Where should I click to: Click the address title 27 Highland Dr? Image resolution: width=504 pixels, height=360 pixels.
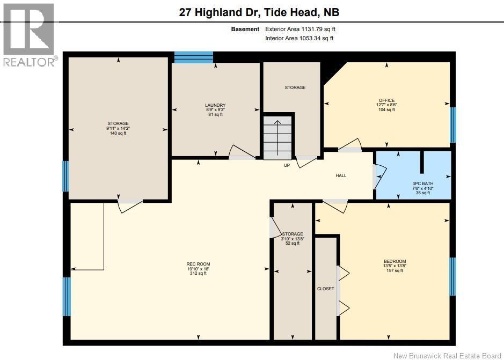(259, 12)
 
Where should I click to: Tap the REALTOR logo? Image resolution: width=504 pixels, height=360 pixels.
(28, 35)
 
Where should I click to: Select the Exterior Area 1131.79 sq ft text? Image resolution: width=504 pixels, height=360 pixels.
(301, 29)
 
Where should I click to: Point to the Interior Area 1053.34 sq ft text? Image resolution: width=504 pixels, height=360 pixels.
(301, 38)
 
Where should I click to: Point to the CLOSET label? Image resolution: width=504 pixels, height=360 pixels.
(325, 289)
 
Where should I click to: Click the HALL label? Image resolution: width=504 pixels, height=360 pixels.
(341, 175)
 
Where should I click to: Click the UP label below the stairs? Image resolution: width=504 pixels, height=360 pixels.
(287, 165)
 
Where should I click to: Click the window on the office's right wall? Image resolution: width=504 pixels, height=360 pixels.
(452, 124)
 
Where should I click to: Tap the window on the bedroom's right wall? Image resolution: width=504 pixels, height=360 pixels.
(452, 276)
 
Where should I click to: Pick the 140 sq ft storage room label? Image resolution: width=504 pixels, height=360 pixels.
(118, 128)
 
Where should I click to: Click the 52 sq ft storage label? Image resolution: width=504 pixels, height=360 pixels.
(293, 238)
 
